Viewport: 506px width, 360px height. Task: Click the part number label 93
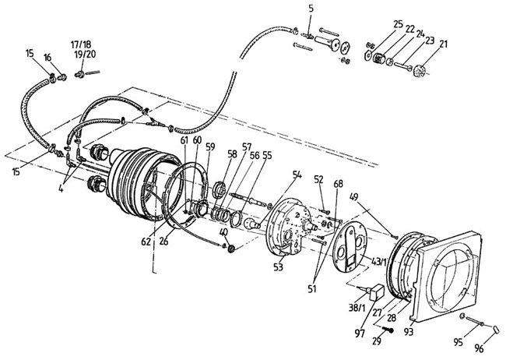point(409,332)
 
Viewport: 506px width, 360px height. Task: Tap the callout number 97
point(360,333)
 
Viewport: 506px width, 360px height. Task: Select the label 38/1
point(357,308)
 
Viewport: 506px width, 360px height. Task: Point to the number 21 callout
point(444,44)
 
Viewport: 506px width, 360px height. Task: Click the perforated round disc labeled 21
point(420,71)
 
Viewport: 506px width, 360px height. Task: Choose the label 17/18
point(81,44)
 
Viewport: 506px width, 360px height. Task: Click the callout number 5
point(311,9)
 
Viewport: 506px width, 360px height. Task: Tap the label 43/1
point(379,262)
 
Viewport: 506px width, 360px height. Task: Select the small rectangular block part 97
point(377,292)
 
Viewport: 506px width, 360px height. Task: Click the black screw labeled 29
point(388,330)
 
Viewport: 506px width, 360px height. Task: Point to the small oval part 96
point(496,330)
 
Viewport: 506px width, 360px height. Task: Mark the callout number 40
point(223,232)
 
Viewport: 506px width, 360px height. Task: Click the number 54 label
point(297,175)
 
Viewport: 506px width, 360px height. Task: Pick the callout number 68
point(339,184)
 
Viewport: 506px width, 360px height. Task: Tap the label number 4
point(61,189)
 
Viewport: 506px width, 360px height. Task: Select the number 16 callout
point(47,58)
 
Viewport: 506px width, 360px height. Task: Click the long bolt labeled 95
point(474,320)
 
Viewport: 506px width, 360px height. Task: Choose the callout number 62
point(146,242)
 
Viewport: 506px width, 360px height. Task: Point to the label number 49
point(353,197)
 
